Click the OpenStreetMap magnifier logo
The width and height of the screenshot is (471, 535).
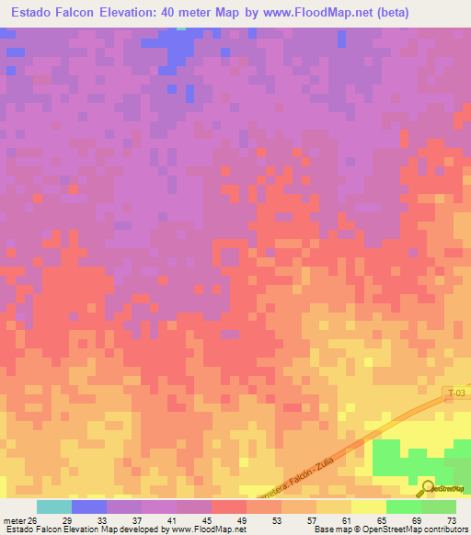click(428, 488)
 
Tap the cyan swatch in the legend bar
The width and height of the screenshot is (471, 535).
click(54, 507)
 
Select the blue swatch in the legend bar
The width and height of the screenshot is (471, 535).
click(89, 507)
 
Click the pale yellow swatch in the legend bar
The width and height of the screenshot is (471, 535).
click(368, 507)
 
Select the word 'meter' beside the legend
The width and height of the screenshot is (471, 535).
click(14, 519)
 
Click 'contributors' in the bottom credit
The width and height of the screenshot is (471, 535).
click(445, 530)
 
